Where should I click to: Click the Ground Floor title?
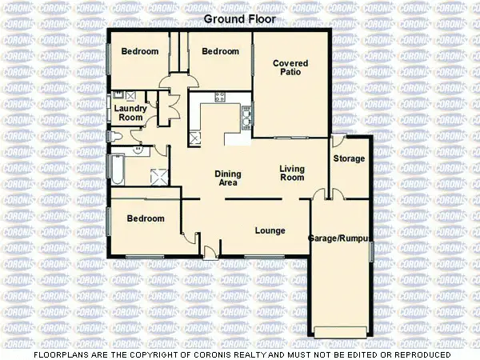[240, 18]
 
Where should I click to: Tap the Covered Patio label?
[290, 67]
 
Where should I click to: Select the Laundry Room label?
[130, 113]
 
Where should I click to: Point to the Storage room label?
[349, 159]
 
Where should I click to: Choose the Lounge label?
[270, 231]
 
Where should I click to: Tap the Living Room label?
[291, 173]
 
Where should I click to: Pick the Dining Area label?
[228, 178]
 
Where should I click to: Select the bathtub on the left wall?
[117, 169]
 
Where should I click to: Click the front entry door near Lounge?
[209, 253]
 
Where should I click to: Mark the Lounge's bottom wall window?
[265, 256]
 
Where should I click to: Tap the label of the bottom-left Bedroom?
[145, 218]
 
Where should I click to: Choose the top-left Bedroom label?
[140, 52]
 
